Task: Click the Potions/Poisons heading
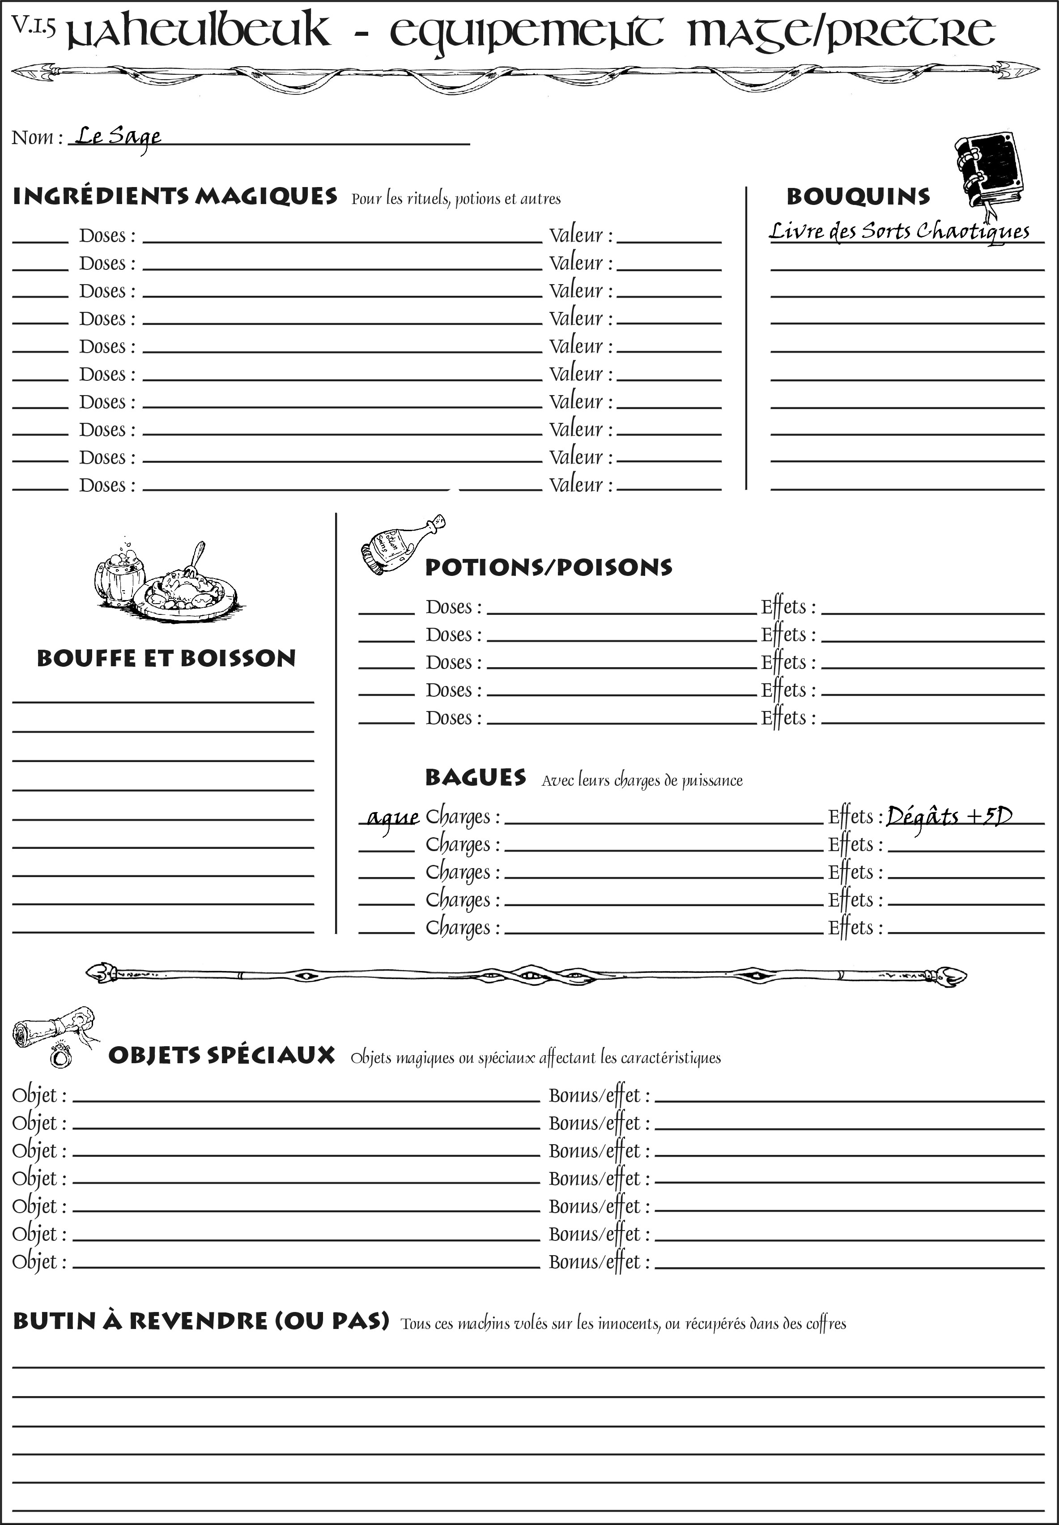(x=548, y=567)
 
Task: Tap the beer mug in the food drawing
(x=119, y=574)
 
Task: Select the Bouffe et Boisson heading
(x=166, y=658)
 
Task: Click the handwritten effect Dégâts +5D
(x=949, y=816)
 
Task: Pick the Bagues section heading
(x=475, y=777)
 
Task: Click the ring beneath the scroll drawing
(x=61, y=1056)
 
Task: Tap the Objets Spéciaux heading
(x=221, y=1055)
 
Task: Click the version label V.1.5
(x=33, y=25)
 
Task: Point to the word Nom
(x=33, y=137)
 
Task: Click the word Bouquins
(x=858, y=196)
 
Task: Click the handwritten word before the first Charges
(x=393, y=818)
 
